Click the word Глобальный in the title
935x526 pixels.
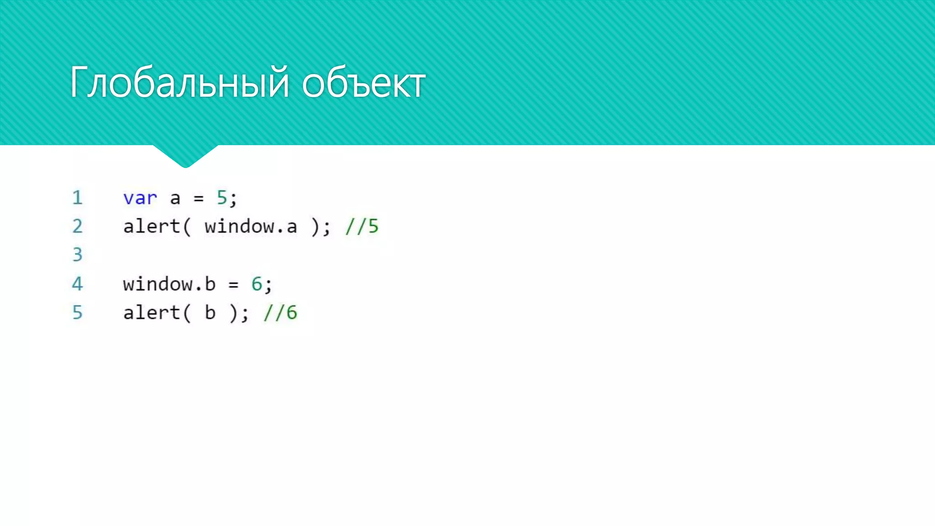(179, 83)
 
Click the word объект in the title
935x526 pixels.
(363, 84)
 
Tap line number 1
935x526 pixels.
(77, 198)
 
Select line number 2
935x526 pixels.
(77, 226)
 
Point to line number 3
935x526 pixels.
(77, 255)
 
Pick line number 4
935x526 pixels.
(77, 284)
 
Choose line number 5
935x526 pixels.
(77, 313)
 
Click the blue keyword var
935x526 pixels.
(140, 198)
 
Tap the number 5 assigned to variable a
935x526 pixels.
(222, 198)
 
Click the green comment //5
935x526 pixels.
(362, 226)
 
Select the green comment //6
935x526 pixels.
(280, 313)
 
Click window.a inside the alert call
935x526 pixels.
(251, 226)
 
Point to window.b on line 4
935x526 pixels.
(169, 284)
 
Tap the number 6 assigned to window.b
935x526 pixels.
(257, 284)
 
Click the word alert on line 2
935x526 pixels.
(152, 226)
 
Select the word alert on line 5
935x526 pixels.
(152, 313)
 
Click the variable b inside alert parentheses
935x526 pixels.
(210, 313)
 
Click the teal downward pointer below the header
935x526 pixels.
(185, 156)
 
